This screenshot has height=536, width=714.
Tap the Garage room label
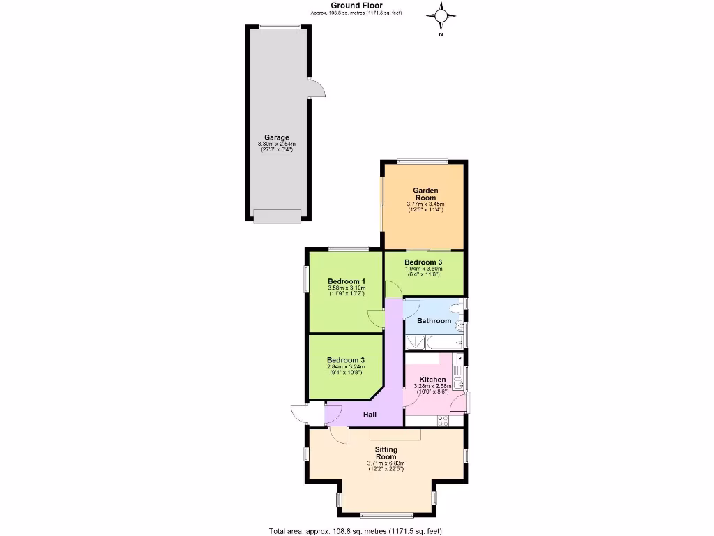[x=276, y=137]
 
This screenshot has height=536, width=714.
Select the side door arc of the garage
[x=317, y=88]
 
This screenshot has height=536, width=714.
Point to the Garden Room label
[x=425, y=193]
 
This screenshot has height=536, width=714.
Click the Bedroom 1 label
[x=347, y=281]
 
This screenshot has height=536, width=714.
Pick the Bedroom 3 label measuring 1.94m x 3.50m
[x=424, y=262]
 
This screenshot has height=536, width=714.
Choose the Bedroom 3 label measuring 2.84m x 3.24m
[x=346, y=360]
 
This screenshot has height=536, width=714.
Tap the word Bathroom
[x=434, y=321]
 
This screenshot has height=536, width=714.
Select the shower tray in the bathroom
[x=416, y=341]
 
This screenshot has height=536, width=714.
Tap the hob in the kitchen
[x=442, y=420]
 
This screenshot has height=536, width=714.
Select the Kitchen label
[x=432, y=380]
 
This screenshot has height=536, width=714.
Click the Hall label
[x=370, y=415]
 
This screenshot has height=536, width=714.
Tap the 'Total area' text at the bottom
[x=356, y=531]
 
